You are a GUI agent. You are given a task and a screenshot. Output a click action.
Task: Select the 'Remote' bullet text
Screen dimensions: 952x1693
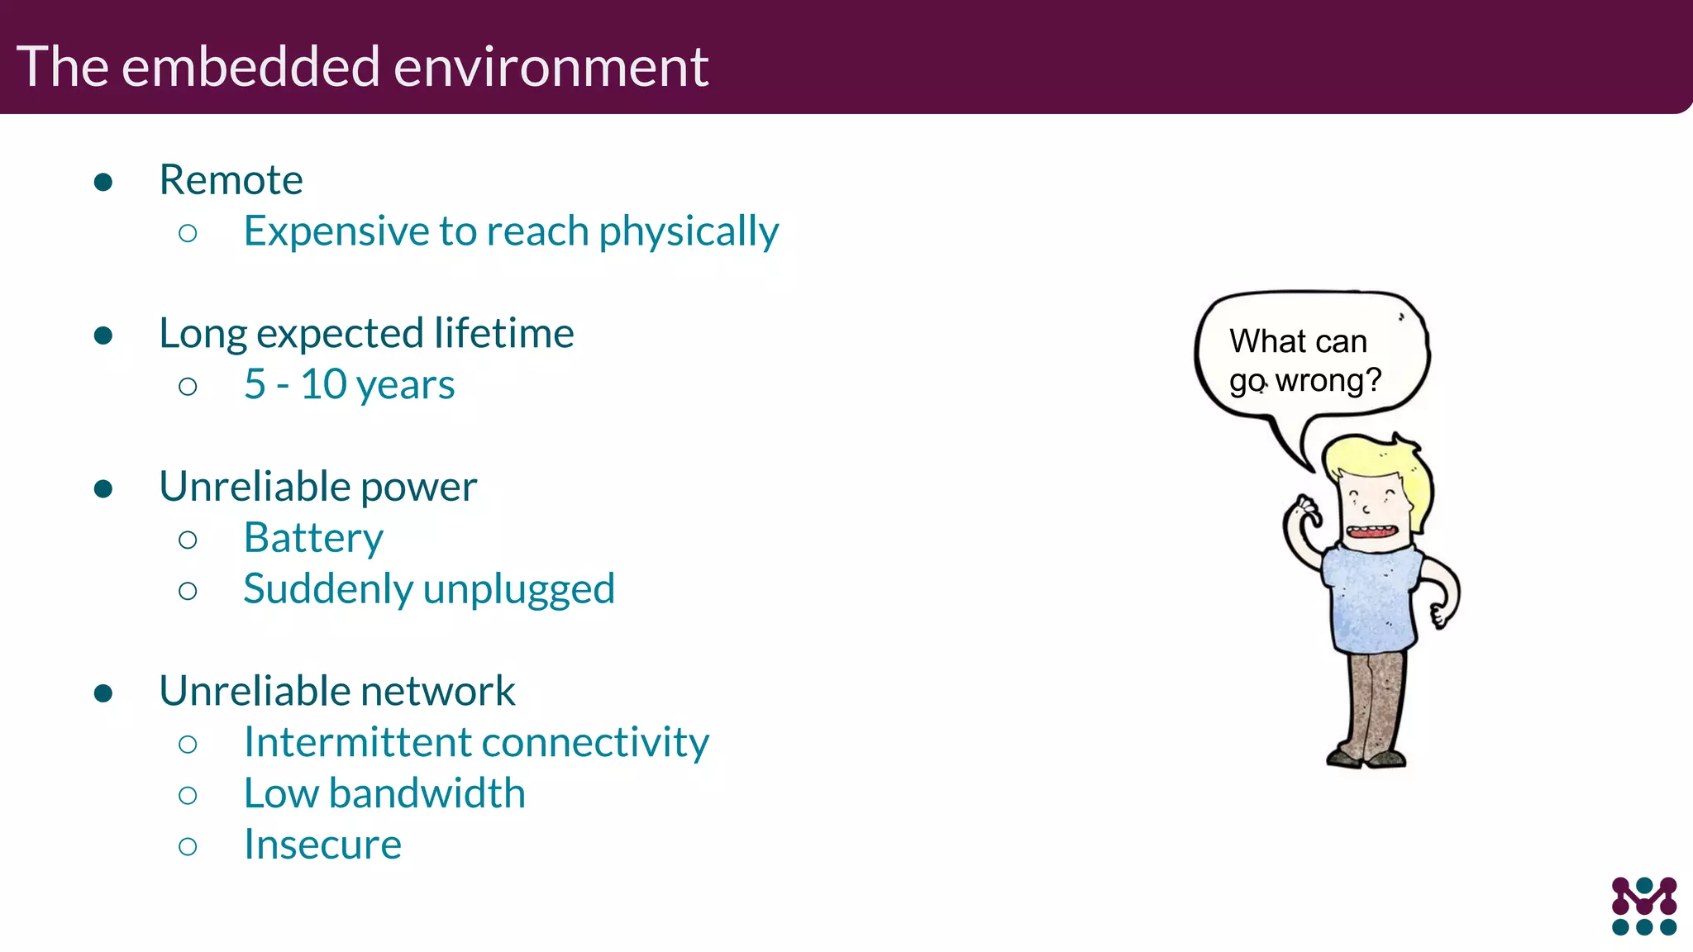pos(231,180)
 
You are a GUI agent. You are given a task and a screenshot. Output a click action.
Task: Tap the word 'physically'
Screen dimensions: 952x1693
pos(688,232)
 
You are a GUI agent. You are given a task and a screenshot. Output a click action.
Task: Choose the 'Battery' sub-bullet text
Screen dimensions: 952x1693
pos(313,539)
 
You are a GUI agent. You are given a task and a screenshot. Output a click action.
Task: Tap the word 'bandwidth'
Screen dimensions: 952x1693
pos(427,794)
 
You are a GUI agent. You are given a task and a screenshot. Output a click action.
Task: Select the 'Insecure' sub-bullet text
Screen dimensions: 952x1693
pos(322,845)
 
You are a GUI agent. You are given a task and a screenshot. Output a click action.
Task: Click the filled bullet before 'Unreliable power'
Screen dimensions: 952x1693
pos(103,489)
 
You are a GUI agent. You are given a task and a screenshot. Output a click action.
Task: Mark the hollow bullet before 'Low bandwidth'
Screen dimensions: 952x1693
pos(188,796)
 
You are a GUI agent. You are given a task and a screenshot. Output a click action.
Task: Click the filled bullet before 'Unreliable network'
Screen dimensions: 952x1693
pos(103,693)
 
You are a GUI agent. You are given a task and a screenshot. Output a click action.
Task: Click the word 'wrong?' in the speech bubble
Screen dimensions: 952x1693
pos(1328,381)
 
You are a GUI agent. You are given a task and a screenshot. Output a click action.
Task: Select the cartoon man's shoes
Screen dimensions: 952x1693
pos(1366,758)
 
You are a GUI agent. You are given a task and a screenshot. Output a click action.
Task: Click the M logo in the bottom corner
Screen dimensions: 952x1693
pos(1643,906)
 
